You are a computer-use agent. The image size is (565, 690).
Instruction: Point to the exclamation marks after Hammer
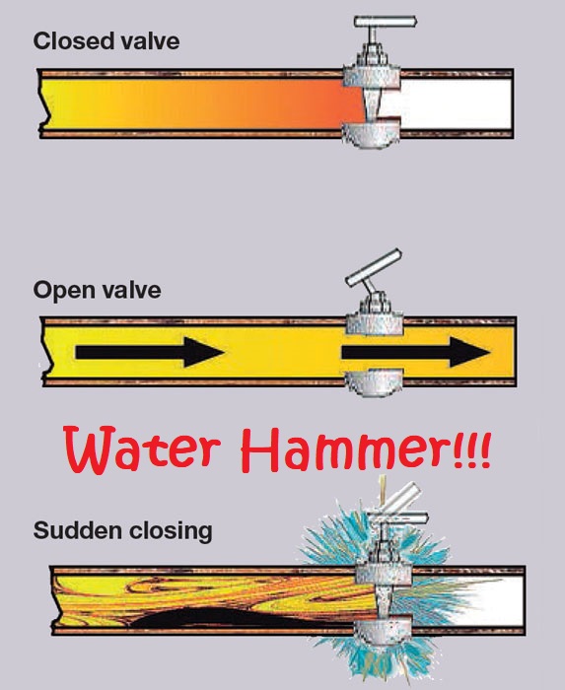pyautogui.click(x=471, y=453)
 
